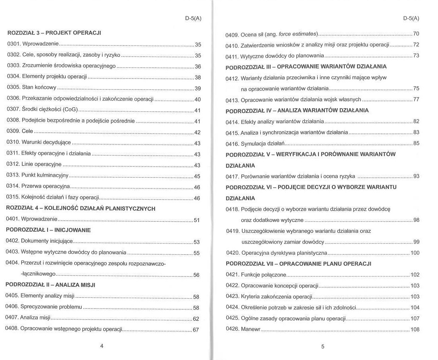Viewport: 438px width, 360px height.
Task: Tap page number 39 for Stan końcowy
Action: click(x=198, y=88)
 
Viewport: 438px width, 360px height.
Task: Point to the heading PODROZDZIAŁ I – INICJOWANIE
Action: click(x=48, y=230)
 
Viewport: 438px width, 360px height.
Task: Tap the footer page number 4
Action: click(x=102, y=346)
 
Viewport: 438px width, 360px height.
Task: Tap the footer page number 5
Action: click(x=322, y=347)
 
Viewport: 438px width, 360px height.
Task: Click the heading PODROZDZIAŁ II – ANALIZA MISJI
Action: click(x=50, y=284)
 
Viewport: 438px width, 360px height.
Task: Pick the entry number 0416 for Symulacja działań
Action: click(x=232, y=143)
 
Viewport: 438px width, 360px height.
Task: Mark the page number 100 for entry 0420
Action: click(x=415, y=253)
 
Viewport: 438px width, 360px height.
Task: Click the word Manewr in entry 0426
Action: click(x=250, y=330)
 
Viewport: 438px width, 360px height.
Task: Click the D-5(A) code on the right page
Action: click(x=411, y=18)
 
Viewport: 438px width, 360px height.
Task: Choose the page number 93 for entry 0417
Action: click(x=416, y=176)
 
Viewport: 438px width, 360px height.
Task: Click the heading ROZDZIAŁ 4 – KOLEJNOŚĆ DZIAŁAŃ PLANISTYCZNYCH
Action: click(x=81, y=208)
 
